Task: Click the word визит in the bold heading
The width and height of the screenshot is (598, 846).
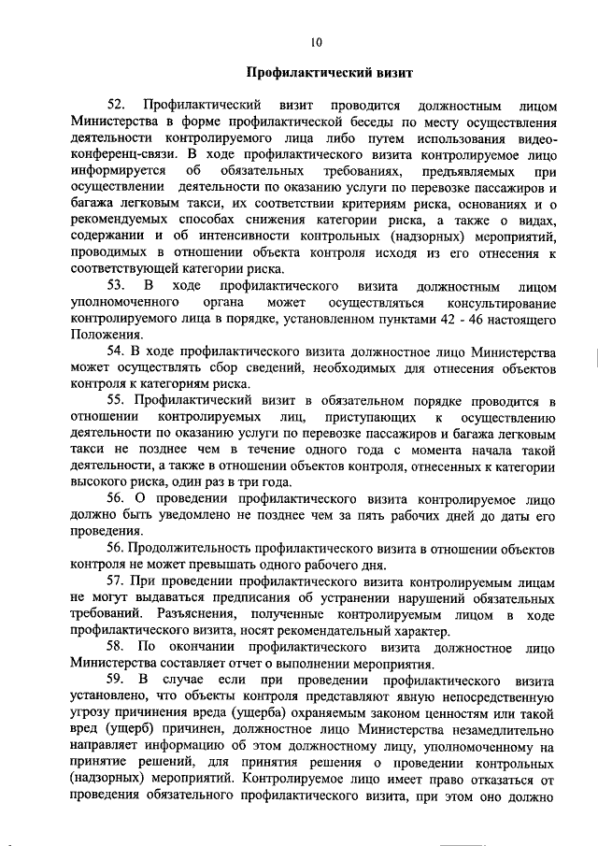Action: (x=380, y=71)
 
